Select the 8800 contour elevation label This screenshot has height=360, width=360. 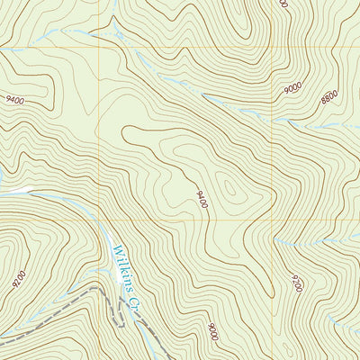tap(330, 95)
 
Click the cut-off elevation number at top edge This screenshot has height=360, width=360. tap(283, 4)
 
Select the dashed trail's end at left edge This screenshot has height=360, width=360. tap(3, 341)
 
